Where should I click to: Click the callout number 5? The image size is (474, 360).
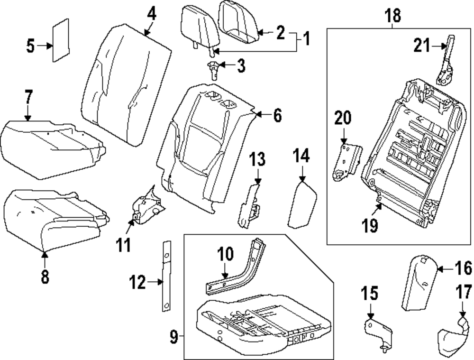pos(30,46)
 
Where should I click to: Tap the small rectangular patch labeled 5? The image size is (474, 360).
pos(60,41)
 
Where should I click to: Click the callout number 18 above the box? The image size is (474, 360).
pos(393,15)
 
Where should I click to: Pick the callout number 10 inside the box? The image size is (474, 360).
pos(226,255)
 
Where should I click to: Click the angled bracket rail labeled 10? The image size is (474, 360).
pos(237,275)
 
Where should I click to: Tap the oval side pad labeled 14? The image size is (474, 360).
pos(301,204)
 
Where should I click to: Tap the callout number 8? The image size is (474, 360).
pos(45,277)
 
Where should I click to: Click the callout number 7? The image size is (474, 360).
pos(28,98)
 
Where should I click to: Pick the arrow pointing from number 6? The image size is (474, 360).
pos(260,114)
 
